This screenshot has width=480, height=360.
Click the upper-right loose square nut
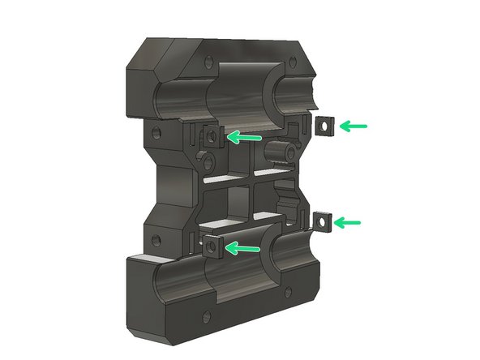click(x=324, y=126)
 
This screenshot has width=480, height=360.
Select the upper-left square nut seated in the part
click(x=213, y=135)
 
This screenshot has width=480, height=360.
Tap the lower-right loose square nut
click(x=323, y=221)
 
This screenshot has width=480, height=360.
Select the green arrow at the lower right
click(x=351, y=221)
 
